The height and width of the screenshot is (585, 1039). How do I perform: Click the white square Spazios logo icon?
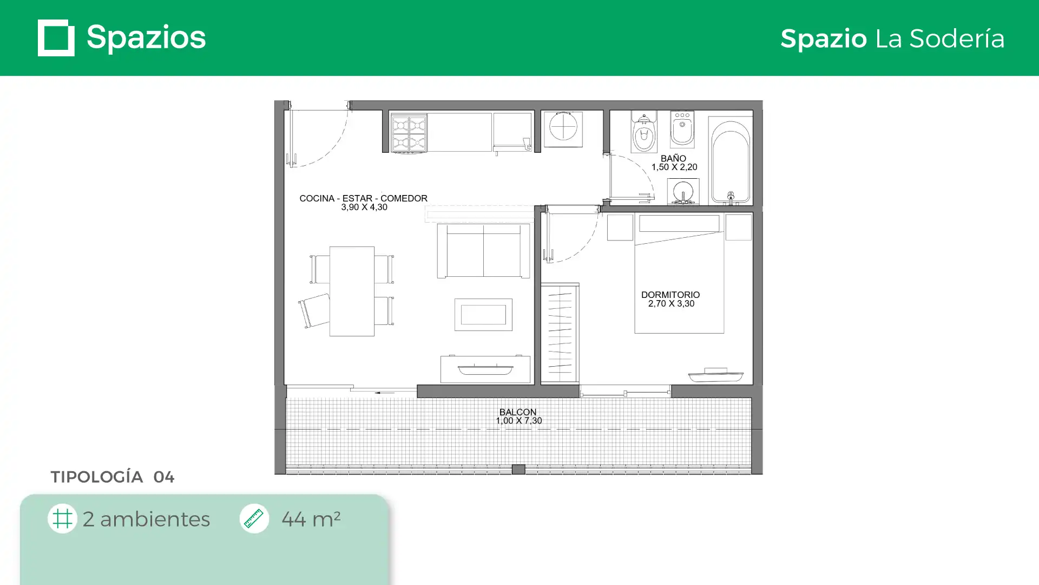pyautogui.click(x=56, y=38)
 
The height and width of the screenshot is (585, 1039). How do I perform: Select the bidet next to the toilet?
pyautogui.click(x=682, y=129)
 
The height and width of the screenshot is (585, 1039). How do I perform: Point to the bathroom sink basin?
pyautogui.click(x=683, y=191)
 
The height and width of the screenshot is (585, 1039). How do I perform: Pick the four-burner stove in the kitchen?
pyautogui.click(x=409, y=132)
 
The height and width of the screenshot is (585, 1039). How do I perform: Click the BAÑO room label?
pyautogui.click(x=673, y=158)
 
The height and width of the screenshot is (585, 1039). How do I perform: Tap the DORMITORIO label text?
pyautogui.click(x=670, y=295)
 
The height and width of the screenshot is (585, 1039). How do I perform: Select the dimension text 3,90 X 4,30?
pyautogui.click(x=364, y=207)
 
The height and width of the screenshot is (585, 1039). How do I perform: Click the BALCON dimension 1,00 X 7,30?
pyautogui.click(x=519, y=420)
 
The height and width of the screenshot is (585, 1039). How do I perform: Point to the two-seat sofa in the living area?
pyautogui.click(x=483, y=251)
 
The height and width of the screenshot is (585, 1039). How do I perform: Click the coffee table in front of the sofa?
pyautogui.click(x=483, y=315)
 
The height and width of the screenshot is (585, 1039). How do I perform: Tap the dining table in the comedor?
pyautogui.click(x=352, y=291)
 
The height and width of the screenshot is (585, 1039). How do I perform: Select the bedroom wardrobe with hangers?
pyautogui.click(x=560, y=333)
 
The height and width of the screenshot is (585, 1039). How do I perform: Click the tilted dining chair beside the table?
pyautogui.click(x=314, y=311)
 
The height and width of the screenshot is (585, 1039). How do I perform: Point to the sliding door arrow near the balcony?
pyautogui.click(x=385, y=393)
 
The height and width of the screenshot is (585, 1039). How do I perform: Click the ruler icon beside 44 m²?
pyautogui.click(x=254, y=518)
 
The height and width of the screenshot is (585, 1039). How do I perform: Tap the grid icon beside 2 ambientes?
pyautogui.click(x=62, y=518)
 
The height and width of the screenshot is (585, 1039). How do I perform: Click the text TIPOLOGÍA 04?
pyautogui.click(x=113, y=477)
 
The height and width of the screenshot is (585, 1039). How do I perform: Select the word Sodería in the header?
pyautogui.click(x=957, y=38)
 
